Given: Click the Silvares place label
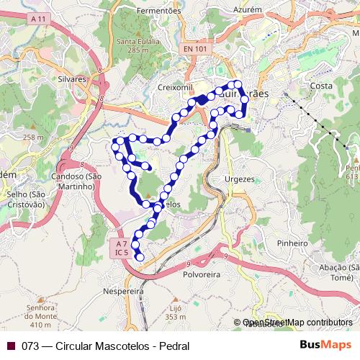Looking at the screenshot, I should coord(72,79).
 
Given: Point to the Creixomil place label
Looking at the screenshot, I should coord(172,87).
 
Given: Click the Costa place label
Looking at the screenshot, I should coord(320,86).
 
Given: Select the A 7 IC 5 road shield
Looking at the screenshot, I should coord(121,248).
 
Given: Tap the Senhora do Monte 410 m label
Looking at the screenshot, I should coord(42,313).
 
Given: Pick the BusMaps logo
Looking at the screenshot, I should coord(321,345).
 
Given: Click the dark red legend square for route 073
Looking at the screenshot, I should coord(11,346).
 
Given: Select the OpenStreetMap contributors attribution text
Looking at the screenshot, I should coord(297,323).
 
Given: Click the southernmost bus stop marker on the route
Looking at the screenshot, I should coord(140,257).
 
